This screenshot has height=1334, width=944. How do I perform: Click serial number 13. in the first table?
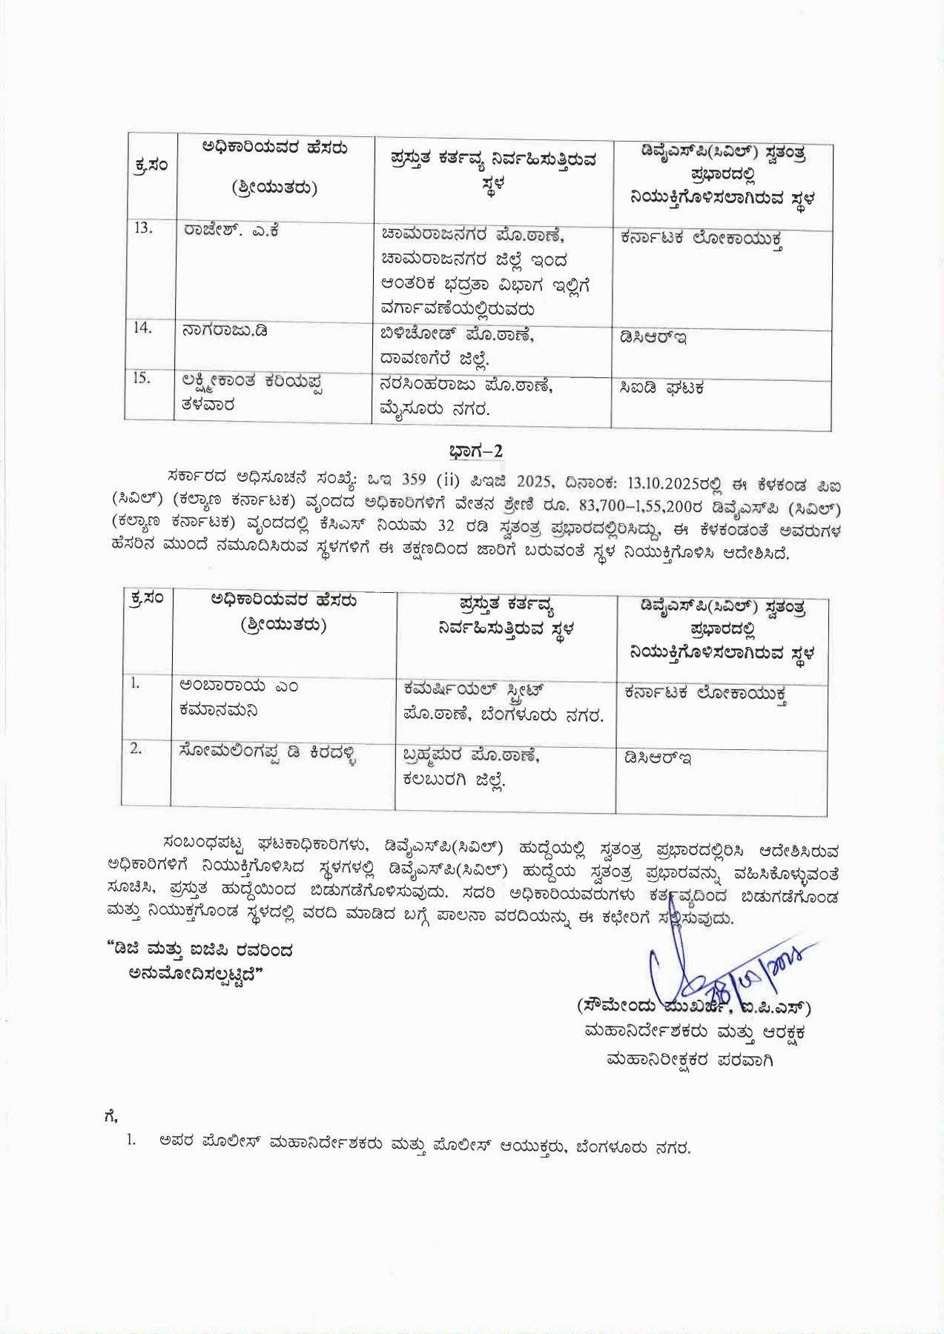point(143,228)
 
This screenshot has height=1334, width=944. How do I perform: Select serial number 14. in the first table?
point(142,327)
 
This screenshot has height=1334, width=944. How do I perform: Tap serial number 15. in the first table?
point(142,378)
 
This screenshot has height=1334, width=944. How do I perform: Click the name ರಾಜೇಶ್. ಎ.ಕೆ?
point(231,230)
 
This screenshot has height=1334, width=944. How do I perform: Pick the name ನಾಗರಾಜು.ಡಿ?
point(225,331)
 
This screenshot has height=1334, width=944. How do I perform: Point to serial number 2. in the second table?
point(136,749)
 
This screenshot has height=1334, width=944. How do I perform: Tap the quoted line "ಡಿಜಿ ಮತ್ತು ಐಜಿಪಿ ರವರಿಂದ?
point(205,949)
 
